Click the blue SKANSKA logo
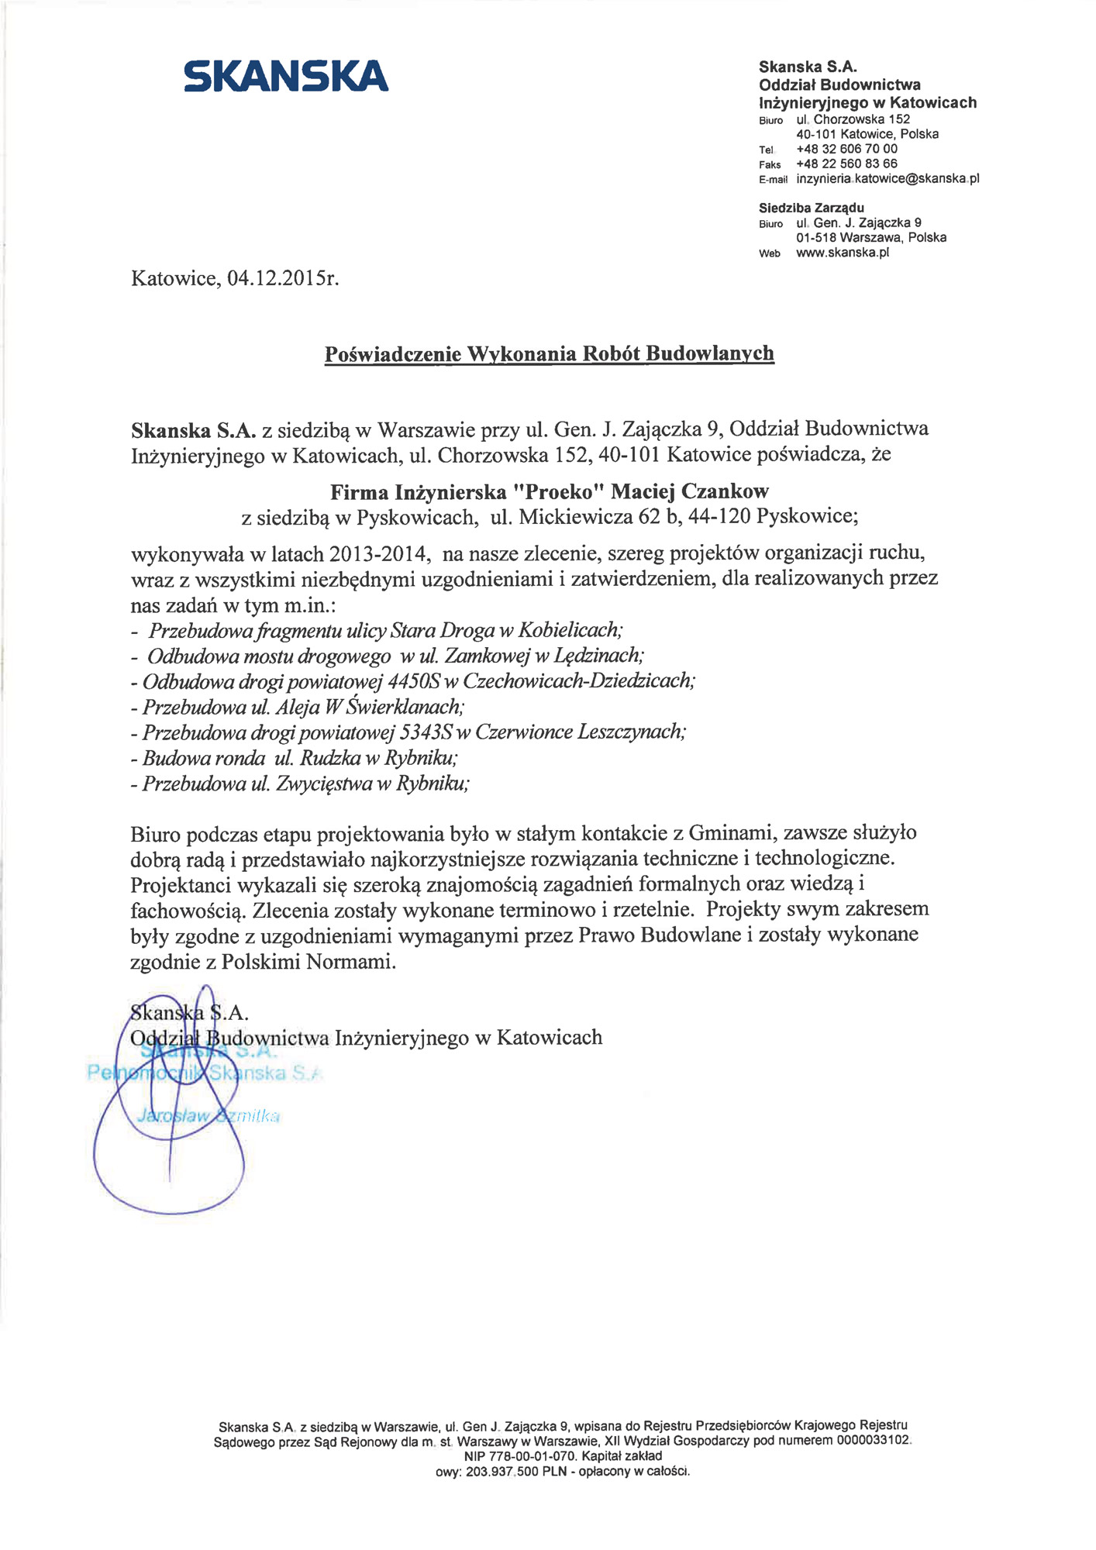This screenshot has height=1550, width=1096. pyautogui.click(x=286, y=76)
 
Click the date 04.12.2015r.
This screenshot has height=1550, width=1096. pyautogui.click(x=284, y=278)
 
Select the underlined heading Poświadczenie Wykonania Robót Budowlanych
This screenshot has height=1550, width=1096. pyautogui.click(x=549, y=354)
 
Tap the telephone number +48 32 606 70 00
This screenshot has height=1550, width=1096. pyautogui.click(x=846, y=149)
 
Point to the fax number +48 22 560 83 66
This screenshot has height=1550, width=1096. pyautogui.click(x=846, y=164)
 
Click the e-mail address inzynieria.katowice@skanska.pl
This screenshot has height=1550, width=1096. pyautogui.click(x=887, y=178)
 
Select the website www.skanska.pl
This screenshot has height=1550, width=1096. pyautogui.click(x=842, y=253)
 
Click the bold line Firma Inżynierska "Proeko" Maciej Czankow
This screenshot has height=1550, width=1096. pyautogui.click(x=550, y=491)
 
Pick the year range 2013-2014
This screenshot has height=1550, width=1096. pyautogui.click(x=379, y=553)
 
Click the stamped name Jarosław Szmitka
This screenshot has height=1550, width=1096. pyautogui.click(x=208, y=1116)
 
